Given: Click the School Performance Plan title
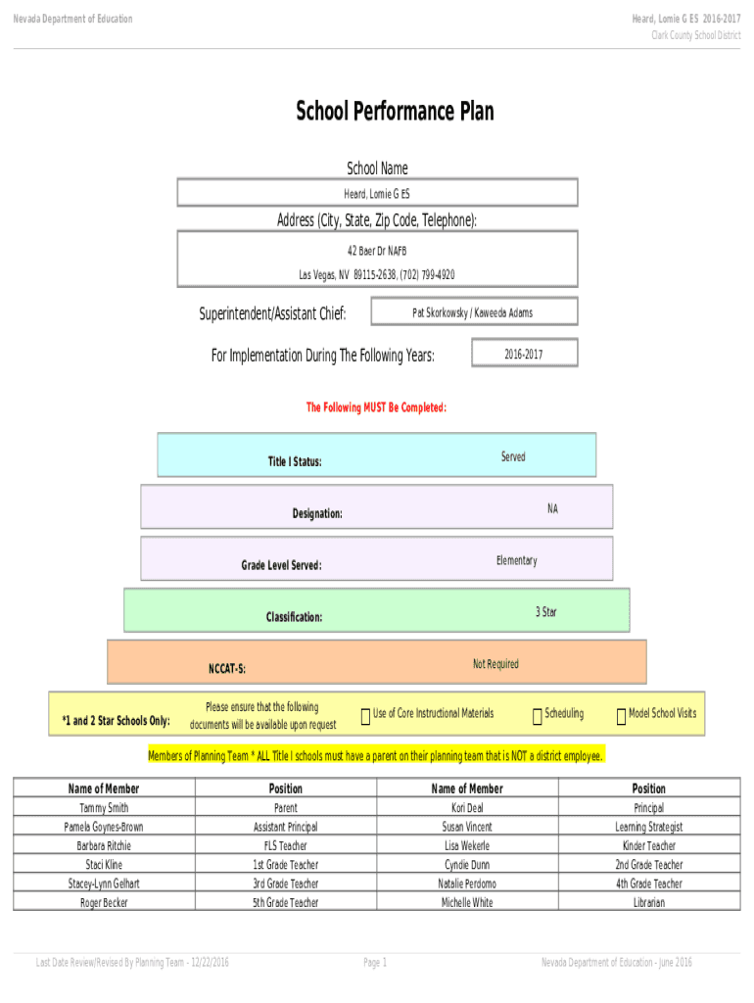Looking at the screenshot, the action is pos(395,112).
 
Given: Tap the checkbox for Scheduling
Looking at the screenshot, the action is pos(538,716).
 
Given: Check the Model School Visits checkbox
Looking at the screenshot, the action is pos(621,716).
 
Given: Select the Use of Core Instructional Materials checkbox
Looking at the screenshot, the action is pos(366,716).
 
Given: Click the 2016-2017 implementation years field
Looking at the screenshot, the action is pos(525,353).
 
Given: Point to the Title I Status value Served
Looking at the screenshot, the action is pos(513,456).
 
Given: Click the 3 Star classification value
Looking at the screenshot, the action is pos(546,612).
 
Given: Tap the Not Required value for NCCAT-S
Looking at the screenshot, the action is pos(495,664).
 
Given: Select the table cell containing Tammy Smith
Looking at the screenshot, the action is pos(104,807).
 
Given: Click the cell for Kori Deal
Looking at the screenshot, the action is pos(467,807).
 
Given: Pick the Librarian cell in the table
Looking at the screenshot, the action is pos(649,902).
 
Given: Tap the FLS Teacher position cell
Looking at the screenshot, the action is pos(286,845).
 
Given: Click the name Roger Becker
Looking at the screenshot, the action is pos(104,902).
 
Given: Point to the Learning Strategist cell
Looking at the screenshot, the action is pos(649,827).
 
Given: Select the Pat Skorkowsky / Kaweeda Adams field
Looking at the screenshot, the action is pos(474,311).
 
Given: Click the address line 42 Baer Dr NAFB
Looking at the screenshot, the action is pos(377,251).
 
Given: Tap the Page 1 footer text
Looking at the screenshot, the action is pos(375,962).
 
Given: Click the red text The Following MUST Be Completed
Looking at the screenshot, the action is pos(376,407).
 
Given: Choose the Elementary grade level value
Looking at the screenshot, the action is pos(517,560).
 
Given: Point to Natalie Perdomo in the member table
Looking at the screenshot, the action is pos(467,884).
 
